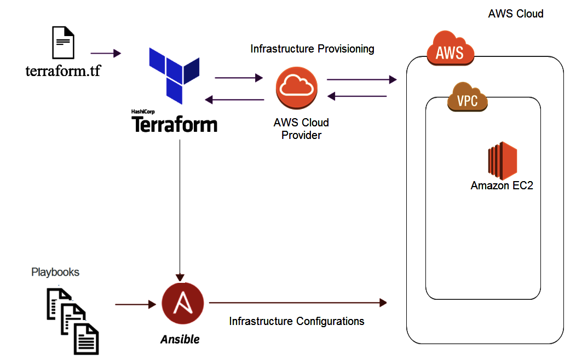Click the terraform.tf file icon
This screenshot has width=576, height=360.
click(63, 43)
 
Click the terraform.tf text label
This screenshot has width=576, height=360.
click(63, 71)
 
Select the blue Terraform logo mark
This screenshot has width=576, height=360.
click(174, 73)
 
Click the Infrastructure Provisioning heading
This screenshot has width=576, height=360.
click(312, 49)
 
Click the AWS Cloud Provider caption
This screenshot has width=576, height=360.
click(301, 129)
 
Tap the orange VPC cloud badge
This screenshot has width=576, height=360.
click(467, 98)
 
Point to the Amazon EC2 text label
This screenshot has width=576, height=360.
click(502, 186)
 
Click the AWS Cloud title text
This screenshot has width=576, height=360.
click(515, 14)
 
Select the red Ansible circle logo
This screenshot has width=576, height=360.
click(183, 304)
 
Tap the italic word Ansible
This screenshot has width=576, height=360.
click(180, 339)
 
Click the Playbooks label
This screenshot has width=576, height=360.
click(55, 272)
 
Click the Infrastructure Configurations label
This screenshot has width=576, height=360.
click(297, 321)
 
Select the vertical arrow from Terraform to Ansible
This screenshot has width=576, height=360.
click(180, 208)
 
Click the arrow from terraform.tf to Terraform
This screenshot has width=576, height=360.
click(105, 53)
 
